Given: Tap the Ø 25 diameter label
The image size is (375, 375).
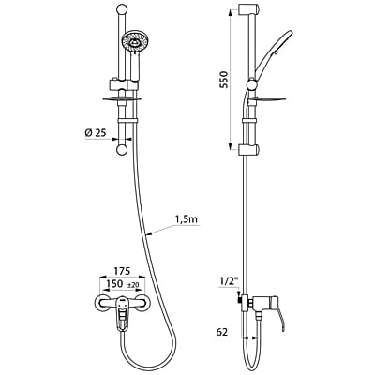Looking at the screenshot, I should click(94, 132).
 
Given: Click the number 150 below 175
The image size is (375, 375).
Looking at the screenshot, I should click(113, 284).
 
